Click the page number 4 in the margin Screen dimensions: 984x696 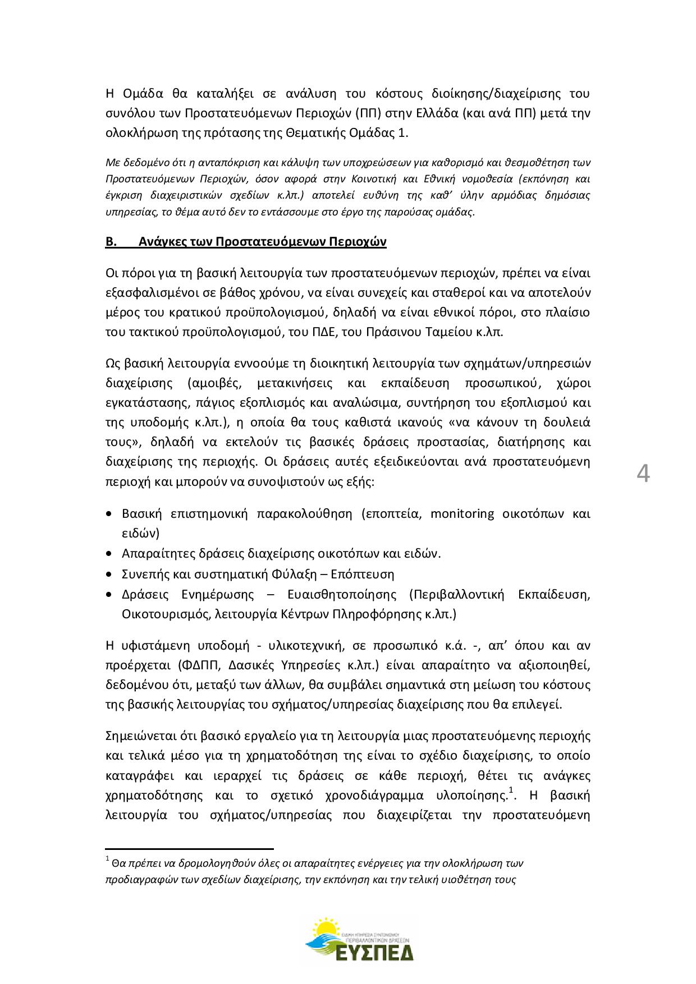[x=644, y=474]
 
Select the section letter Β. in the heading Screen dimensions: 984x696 [x=111, y=242]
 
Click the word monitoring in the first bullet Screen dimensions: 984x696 [x=462, y=514]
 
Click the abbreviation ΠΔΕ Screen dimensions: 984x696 [x=320, y=332]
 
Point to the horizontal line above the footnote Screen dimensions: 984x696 [x=189, y=849]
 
